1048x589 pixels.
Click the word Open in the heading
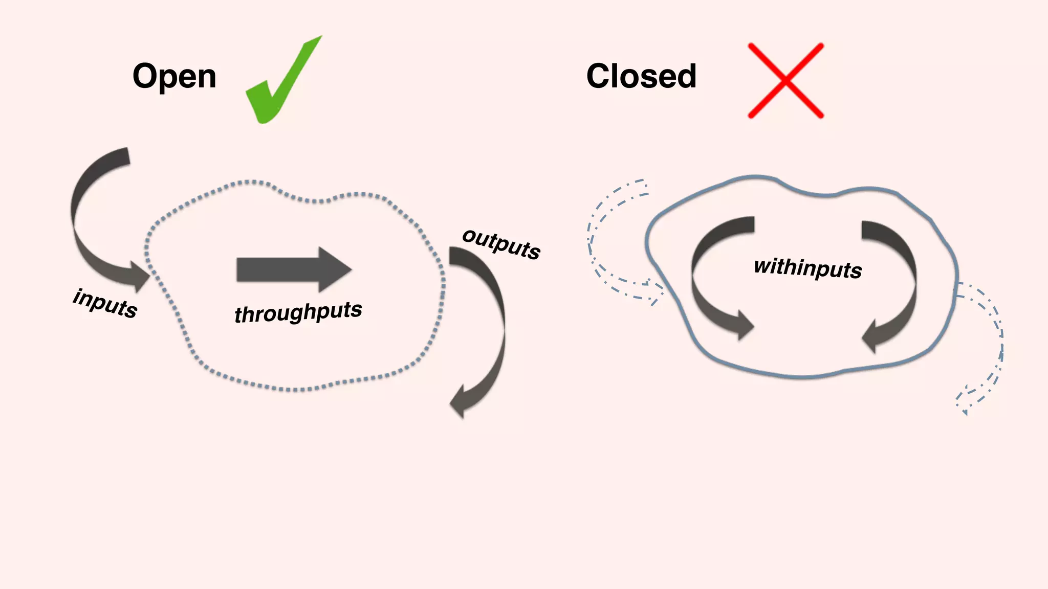click(174, 77)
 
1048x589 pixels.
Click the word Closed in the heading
click(641, 76)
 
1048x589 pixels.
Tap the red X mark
click(785, 81)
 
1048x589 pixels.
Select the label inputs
click(105, 304)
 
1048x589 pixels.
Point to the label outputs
click(501, 244)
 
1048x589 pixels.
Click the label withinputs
click(808, 268)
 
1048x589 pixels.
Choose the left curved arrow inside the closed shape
click(709, 276)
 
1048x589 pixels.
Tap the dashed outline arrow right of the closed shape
click(990, 348)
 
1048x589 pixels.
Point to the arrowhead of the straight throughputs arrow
click(335, 269)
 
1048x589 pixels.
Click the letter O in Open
click(145, 76)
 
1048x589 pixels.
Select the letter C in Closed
click(600, 76)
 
